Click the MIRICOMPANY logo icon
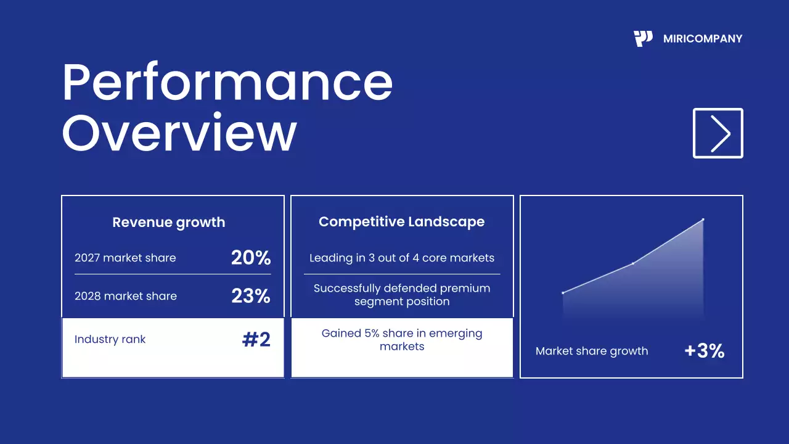pyautogui.click(x=643, y=39)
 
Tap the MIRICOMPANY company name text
pyautogui.click(x=703, y=39)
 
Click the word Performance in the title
pyautogui.click(x=227, y=83)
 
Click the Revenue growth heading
pyautogui.click(x=169, y=222)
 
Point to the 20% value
pyautogui.click(x=251, y=258)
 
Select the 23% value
pyautogui.click(x=251, y=296)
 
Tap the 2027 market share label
pyautogui.click(x=125, y=258)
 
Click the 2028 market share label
pyautogui.click(x=126, y=296)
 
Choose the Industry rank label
pyautogui.click(x=110, y=339)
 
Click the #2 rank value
pyautogui.click(x=256, y=339)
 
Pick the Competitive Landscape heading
pyautogui.click(x=401, y=222)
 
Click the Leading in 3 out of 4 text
pyautogui.click(x=402, y=258)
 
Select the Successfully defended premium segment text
pyautogui.click(x=402, y=295)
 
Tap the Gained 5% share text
pyautogui.click(x=402, y=340)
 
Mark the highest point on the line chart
pyautogui.click(x=703, y=220)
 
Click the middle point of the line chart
pyautogui.click(x=633, y=263)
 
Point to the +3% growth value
pyautogui.click(x=704, y=351)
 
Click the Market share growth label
pyautogui.click(x=592, y=351)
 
